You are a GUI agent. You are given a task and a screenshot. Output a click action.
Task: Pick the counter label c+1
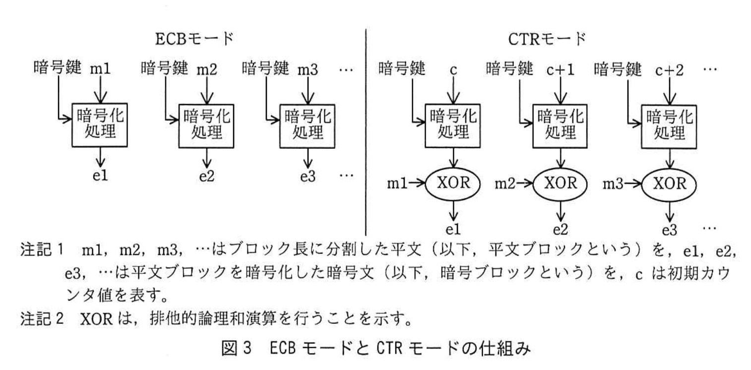(561, 69)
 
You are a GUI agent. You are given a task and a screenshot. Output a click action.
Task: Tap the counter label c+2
(670, 69)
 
